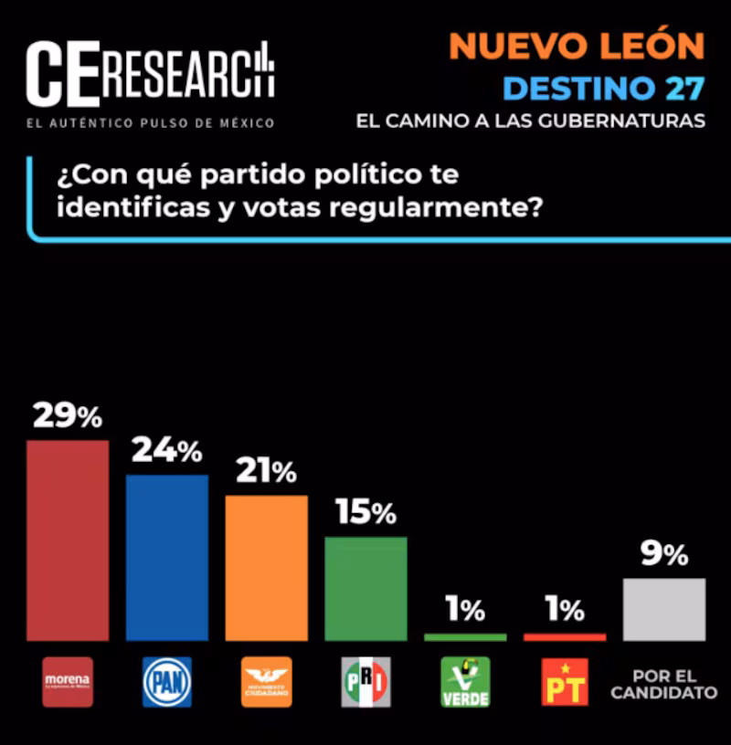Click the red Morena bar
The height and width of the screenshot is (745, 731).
(x=68, y=540)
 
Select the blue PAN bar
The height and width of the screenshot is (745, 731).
(x=167, y=558)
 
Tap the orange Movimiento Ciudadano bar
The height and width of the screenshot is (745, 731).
(x=267, y=568)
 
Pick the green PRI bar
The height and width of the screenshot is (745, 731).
(x=365, y=589)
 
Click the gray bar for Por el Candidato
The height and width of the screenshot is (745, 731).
(x=664, y=610)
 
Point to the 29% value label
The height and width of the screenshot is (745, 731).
(x=68, y=416)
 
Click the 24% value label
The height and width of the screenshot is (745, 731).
(x=166, y=450)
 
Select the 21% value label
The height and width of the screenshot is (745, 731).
(x=266, y=471)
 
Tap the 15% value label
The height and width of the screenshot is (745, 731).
(x=365, y=512)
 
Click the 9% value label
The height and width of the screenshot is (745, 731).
(x=664, y=553)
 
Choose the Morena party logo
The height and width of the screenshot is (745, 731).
(x=68, y=682)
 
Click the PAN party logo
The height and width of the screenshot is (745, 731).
(x=167, y=682)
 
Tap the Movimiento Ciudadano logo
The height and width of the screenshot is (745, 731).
(x=267, y=682)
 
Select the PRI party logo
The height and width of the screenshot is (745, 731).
(x=365, y=682)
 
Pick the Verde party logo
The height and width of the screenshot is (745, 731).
(x=465, y=682)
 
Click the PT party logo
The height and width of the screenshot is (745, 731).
(x=565, y=682)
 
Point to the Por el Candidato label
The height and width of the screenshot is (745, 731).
(x=664, y=684)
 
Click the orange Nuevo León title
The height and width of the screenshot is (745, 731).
(x=577, y=46)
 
